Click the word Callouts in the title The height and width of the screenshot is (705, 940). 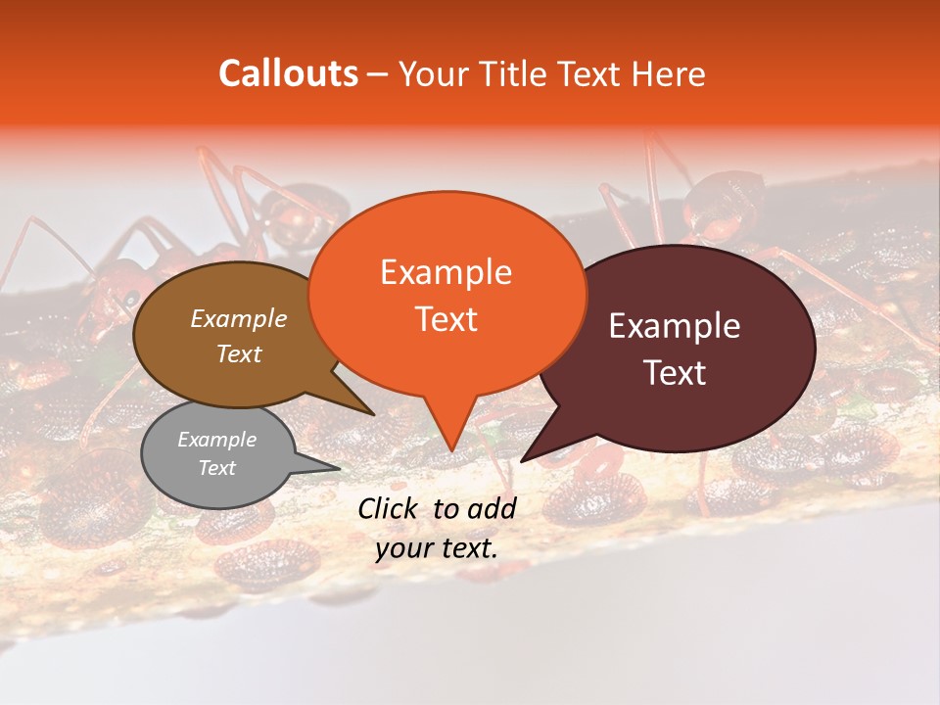point(288,73)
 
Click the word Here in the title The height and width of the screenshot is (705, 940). point(667,73)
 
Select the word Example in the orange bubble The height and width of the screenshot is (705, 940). point(446,272)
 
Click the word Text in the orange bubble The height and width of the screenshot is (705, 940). point(446,319)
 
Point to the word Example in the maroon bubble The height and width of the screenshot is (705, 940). point(675,326)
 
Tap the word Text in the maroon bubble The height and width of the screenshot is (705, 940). point(675,373)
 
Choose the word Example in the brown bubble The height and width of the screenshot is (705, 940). point(238,318)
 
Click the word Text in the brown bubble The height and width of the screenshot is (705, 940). point(238,353)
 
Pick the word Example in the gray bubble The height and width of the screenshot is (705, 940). point(216,440)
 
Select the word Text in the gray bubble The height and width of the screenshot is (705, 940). point(216,468)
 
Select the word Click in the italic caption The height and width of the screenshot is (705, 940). point(390,508)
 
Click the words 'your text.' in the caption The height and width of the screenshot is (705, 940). point(437,549)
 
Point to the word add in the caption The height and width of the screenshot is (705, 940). point(493,508)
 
